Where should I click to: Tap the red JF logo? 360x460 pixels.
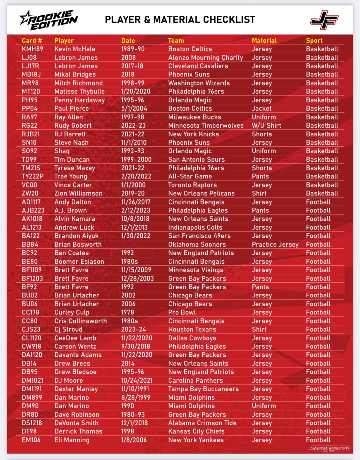coord(324,20)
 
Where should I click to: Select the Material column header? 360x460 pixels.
coord(264,40)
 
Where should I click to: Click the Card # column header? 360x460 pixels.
coord(32,40)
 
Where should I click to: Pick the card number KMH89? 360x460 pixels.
coord(32,49)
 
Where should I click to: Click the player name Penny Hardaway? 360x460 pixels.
coord(80,100)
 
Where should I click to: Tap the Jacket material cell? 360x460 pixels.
coord(261,108)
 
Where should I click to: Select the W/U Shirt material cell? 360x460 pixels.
coord(266,125)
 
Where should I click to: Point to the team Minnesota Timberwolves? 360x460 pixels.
coord(206,125)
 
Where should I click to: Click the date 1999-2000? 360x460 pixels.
coord(136,159)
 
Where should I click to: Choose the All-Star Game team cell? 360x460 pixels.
coord(190,176)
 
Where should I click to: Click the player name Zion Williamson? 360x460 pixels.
coord(78,193)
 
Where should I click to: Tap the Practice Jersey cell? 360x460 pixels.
coord(275,244)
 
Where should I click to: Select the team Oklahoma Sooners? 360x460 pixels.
coord(197,244)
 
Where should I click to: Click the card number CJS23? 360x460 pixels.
coord(31,329)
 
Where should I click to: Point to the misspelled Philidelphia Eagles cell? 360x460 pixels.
coord(197,346)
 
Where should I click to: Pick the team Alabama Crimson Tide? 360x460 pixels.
coord(202,423)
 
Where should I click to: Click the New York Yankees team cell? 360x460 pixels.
coord(196,440)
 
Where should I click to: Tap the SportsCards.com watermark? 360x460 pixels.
coord(329,448)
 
